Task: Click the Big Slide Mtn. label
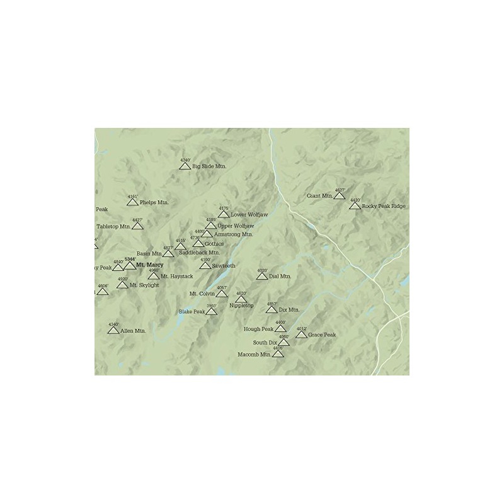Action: pos(209,166)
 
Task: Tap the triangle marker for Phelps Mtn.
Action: pos(132,202)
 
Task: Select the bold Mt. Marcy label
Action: pos(149,265)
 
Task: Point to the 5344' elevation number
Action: pos(129,259)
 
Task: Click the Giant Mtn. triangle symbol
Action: pos(340,196)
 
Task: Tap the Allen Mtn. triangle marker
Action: pos(113,330)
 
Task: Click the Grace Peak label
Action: pos(322,335)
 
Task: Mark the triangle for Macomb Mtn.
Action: pos(278,354)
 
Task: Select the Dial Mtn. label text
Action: pos(280,276)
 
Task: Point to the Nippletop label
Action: pos(241,306)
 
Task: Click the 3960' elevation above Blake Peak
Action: pos(212,306)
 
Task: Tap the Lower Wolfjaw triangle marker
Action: pos(224,214)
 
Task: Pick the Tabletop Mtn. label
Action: pos(113,226)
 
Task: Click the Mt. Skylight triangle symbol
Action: pos(122,285)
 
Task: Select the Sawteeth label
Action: pos(224,266)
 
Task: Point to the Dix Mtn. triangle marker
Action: pos(272,310)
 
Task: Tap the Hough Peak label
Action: pos(258,329)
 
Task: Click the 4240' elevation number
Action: pos(185,160)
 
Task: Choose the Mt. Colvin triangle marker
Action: pos(221,294)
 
